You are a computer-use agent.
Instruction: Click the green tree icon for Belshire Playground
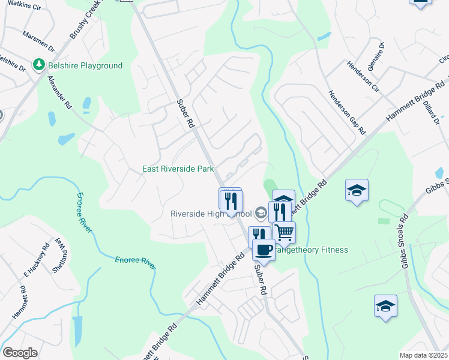(39, 64)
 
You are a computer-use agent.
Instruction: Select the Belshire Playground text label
(85, 65)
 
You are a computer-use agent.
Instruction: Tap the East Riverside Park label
(178, 169)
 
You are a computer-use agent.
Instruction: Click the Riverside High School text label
(210, 214)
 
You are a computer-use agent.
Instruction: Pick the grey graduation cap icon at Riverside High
(261, 212)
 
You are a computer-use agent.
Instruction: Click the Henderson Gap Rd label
(346, 112)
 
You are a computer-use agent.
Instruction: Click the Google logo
(20, 353)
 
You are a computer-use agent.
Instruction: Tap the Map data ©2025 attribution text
(423, 355)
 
